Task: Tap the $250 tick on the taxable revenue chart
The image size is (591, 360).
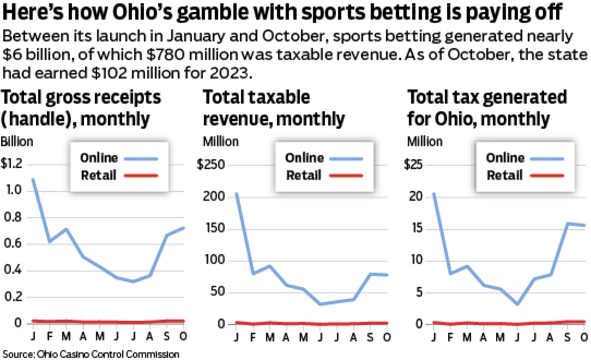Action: (x=211, y=164)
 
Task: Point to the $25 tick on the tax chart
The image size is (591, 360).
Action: (x=413, y=164)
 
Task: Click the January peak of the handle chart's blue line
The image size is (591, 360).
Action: (x=33, y=180)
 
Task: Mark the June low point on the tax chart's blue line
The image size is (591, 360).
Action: (x=517, y=304)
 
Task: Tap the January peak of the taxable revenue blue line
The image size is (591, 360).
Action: (x=236, y=194)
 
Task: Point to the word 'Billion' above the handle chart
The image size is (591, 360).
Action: (x=17, y=142)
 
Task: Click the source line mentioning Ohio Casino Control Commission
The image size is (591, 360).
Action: (x=91, y=354)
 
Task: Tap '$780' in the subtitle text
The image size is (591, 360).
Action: (x=165, y=55)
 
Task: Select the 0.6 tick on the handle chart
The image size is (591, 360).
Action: (x=13, y=244)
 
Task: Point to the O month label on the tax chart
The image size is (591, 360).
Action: (x=584, y=337)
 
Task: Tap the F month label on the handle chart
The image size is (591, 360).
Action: (x=50, y=336)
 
